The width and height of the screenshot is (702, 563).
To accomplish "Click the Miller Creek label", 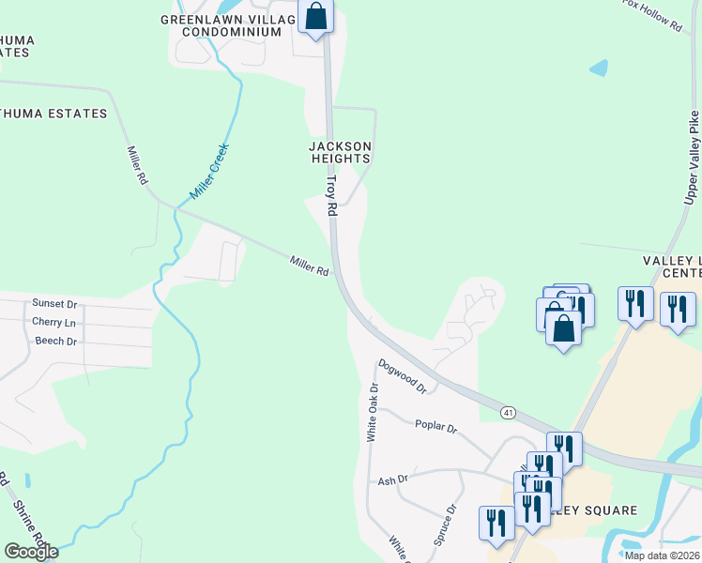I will pyautogui.click(x=209, y=171).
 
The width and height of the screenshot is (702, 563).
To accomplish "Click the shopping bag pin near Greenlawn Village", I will pyautogui.click(x=316, y=16).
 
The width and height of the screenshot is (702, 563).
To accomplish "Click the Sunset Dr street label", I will pyautogui.click(x=54, y=304).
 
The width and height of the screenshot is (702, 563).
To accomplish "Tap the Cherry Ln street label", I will pyautogui.click(x=54, y=322).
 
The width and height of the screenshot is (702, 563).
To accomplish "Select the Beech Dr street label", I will pyautogui.click(x=55, y=341).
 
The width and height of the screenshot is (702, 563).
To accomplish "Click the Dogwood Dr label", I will pyautogui.click(x=403, y=375).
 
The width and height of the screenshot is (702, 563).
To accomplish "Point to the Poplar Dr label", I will pyautogui.click(x=435, y=427).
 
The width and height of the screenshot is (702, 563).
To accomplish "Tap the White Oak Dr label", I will pyautogui.click(x=373, y=412).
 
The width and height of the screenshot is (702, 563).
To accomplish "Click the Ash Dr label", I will pyautogui.click(x=392, y=479).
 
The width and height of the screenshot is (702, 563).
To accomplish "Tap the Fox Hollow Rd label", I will pyautogui.click(x=653, y=15).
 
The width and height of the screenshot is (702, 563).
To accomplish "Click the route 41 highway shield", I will pyautogui.click(x=508, y=412).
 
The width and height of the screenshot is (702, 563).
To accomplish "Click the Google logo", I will pyautogui.click(x=31, y=552).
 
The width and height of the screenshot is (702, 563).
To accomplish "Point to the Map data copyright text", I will pyautogui.click(x=662, y=555).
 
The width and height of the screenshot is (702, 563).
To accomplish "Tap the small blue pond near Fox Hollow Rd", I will pyautogui.click(x=598, y=68).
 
